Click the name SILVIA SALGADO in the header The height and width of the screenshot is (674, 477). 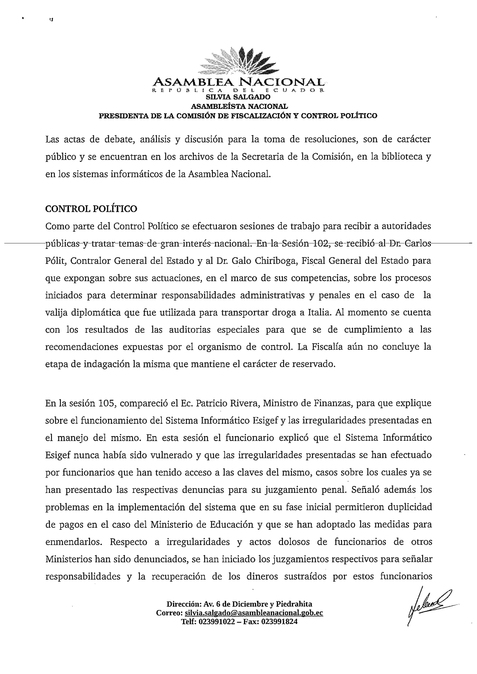click(238, 97)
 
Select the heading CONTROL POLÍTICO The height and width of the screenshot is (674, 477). click(91, 209)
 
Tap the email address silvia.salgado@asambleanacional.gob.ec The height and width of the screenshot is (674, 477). click(254, 613)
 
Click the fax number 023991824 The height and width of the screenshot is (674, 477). click(279, 621)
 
